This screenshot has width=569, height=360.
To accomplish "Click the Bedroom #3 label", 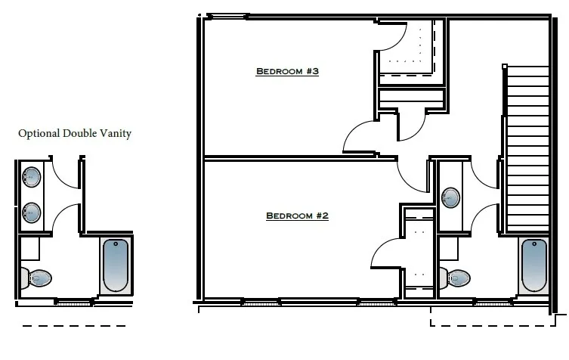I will click(287, 72).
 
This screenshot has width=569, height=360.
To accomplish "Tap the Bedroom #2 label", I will click(297, 216).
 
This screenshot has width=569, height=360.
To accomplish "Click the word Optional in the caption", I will click(39, 134).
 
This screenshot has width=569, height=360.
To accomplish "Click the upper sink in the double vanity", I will click(32, 177).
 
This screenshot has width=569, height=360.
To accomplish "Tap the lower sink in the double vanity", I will click(32, 212).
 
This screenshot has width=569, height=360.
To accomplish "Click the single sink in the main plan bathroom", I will click(451, 198).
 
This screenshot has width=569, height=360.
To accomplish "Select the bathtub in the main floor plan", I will click(533, 265).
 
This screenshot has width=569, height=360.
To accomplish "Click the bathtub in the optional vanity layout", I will click(116, 265).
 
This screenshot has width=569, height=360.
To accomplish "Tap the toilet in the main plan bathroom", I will click(458, 278).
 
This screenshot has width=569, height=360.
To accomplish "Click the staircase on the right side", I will click(527, 147).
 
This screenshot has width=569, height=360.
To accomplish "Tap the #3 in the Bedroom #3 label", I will click(312, 72).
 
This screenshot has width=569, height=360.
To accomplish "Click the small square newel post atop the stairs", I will click(504, 67).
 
